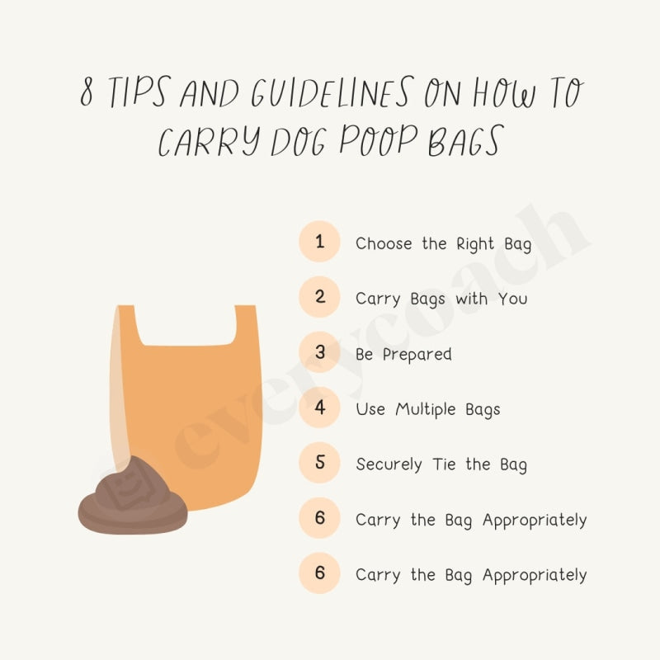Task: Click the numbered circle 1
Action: click(x=319, y=243)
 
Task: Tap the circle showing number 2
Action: click(x=319, y=298)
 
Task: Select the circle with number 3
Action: click(x=319, y=353)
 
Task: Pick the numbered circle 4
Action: click(x=319, y=408)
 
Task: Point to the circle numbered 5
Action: click(x=319, y=464)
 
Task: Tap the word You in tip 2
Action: click(x=512, y=299)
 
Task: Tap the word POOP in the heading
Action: click(x=368, y=141)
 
